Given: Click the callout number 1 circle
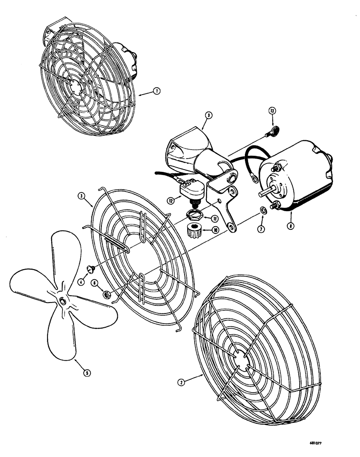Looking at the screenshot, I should point(156,91).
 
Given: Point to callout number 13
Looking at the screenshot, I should point(272,111).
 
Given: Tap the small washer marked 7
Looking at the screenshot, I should point(264,211).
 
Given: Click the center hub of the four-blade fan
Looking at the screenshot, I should point(61,300).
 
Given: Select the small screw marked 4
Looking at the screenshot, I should point(91,267).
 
